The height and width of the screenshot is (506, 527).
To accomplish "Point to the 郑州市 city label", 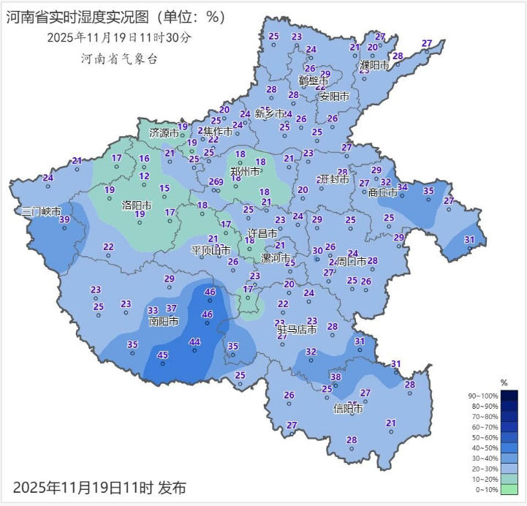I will pos(245,172).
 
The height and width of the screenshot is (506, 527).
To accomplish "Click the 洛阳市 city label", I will pos(137,205).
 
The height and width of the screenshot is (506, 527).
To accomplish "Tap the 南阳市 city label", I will pos(164,321).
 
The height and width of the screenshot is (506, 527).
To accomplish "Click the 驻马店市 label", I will pos(296,331).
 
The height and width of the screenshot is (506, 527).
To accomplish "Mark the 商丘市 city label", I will pos(383,192).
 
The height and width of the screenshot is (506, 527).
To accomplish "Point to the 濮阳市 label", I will pos(374,65).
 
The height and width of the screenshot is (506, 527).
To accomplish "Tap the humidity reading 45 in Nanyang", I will pos(162,355).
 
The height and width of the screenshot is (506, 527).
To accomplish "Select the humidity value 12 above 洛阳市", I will pos(145,176).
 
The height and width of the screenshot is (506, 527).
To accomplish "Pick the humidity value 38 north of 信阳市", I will pos(335,377).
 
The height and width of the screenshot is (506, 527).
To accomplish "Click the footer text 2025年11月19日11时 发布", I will pos(99,486).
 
